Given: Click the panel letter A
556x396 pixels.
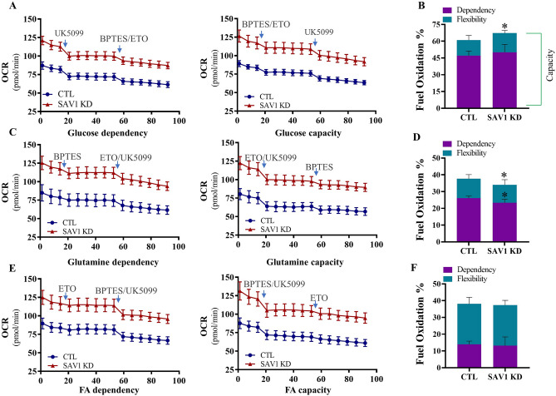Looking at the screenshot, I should pos(6,7).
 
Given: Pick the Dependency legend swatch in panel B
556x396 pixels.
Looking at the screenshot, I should pos(438,10).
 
